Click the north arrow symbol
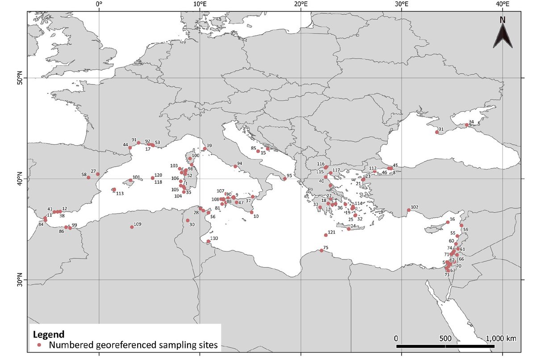[502, 33]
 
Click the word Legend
[50, 334]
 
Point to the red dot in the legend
[40, 345]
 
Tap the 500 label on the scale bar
[445, 338]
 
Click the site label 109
[138, 224]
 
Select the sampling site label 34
[471, 121]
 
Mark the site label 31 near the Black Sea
[441, 130]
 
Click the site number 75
[326, 247]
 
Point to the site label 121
[331, 232]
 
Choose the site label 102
[415, 207]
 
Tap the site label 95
[289, 176]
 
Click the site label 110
[214, 238]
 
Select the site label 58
[84, 174]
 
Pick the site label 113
[120, 193]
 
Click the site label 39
[209, 146]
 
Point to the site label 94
[239, 163]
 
